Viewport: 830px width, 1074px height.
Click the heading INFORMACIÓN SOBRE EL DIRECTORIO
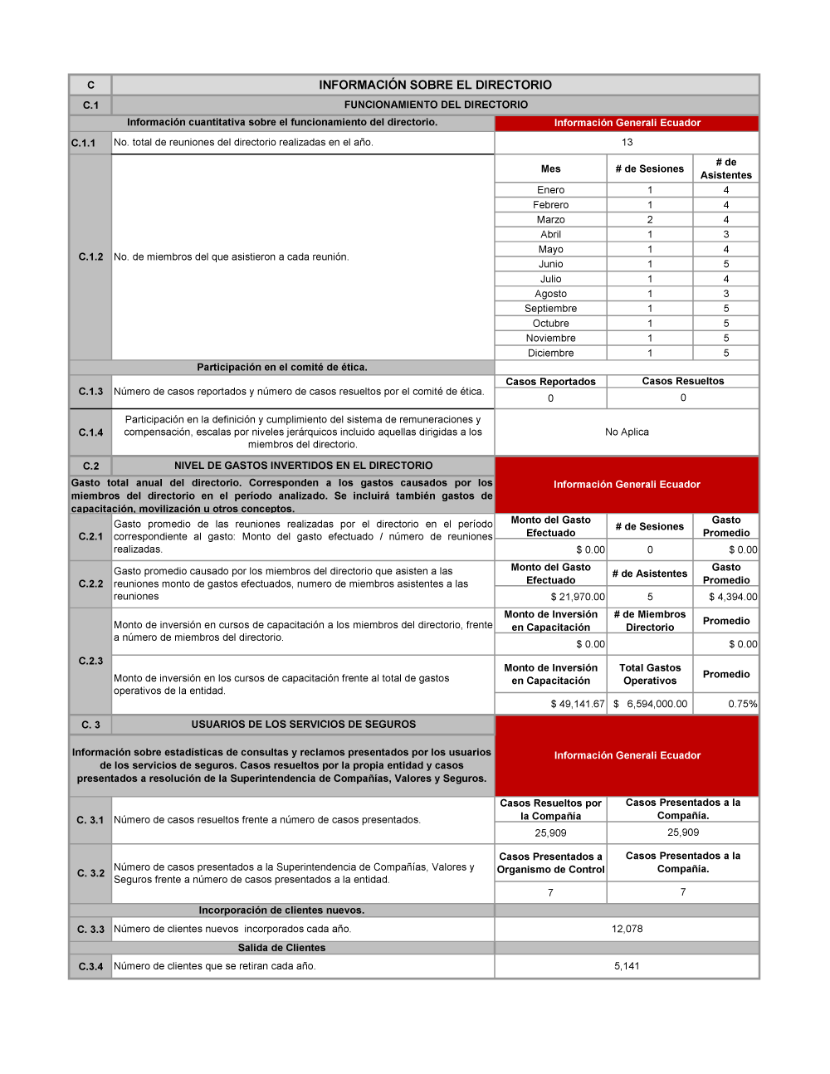pyautogui.click(x=435, y=85)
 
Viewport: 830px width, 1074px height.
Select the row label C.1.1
pyautogui.click(x=83, y=143)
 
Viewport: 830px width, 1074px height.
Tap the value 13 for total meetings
pyautogui.click(x=627, y=142)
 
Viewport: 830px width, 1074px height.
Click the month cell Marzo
pyautogui.click(x=550, y=220)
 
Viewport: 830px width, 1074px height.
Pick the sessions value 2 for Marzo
pyautogui.click(x=650, y=220)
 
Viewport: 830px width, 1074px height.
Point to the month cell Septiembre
pyautogui.click(x=550, y=309)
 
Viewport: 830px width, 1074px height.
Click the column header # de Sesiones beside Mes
pyautogui.click(x=650, y=168)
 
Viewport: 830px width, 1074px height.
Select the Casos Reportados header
pyautogui.click(x=550, y=382)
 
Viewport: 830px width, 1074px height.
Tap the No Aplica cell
pyautogui.click(x=627, y=432)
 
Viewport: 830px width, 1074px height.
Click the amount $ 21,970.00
pyautogui.click(x=578, y=597)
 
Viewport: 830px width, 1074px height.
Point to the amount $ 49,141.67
pyautogui.click(x=578, y=704)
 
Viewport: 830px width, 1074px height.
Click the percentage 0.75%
pyautogui.click(x=743, y=704)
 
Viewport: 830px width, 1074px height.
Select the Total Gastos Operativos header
pyautogui.click(x=650, y=674)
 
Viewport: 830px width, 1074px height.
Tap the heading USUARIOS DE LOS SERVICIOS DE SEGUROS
pyautogui.click(x=303, y=725)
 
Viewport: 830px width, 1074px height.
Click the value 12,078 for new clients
pyautogui.click(x=627, y=929)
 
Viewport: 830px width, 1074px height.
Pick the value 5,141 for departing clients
pyautogui.click(x=627, y=966)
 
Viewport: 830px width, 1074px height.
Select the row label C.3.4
pyautogui.click(x=90, y=967)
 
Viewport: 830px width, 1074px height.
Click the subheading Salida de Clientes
pyautogui.click(x=281, y=948)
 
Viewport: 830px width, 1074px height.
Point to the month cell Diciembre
pyautogui.click(x=550, y=353)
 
